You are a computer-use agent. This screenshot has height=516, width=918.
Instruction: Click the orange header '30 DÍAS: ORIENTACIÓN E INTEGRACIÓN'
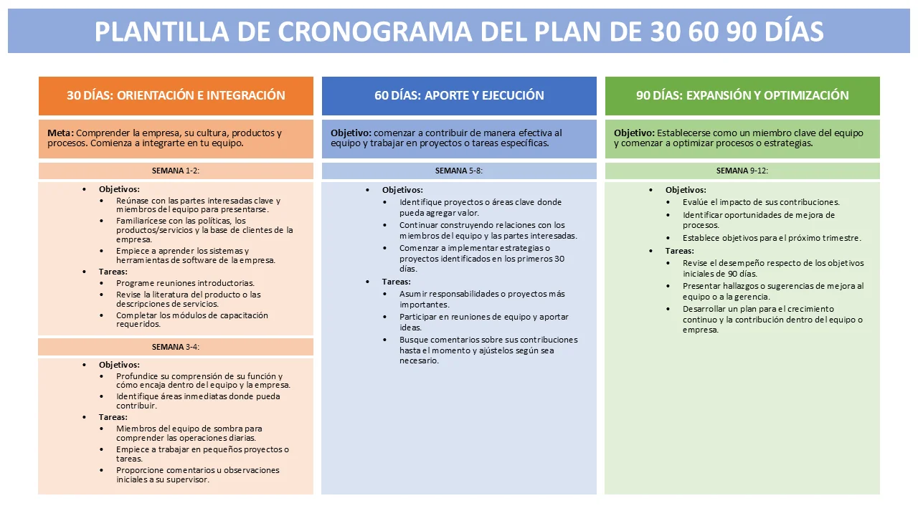click(176, 95)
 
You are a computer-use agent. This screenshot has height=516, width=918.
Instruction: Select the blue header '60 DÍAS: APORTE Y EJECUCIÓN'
click(459, 95)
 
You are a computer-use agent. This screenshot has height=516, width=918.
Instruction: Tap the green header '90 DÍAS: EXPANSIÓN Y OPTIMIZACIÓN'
click(742, 95)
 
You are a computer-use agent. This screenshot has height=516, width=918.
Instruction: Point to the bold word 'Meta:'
click(60, 133)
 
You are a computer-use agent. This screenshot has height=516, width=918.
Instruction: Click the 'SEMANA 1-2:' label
click(176, 171)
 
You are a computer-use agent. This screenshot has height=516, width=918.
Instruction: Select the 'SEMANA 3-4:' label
click(176, 347)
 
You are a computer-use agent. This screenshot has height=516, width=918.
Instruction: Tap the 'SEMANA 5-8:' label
click(458, 171)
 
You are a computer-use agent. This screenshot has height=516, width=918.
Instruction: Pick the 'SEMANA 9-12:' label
click(742, 171)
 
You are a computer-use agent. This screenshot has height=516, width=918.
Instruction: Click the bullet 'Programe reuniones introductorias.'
click(185, 283)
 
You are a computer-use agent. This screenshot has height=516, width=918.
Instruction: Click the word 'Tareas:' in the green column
click(679, 251)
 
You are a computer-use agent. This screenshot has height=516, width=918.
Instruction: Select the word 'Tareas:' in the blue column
click(397, 282)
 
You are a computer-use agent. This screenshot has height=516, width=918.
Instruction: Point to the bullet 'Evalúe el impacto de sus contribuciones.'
click(761, 202)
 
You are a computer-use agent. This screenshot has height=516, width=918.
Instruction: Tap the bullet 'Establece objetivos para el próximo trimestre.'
click(772, 238)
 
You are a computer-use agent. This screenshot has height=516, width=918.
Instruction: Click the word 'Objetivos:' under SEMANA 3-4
click(119, 365)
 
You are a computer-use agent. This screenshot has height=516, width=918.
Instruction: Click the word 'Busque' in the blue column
click(414, 340)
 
